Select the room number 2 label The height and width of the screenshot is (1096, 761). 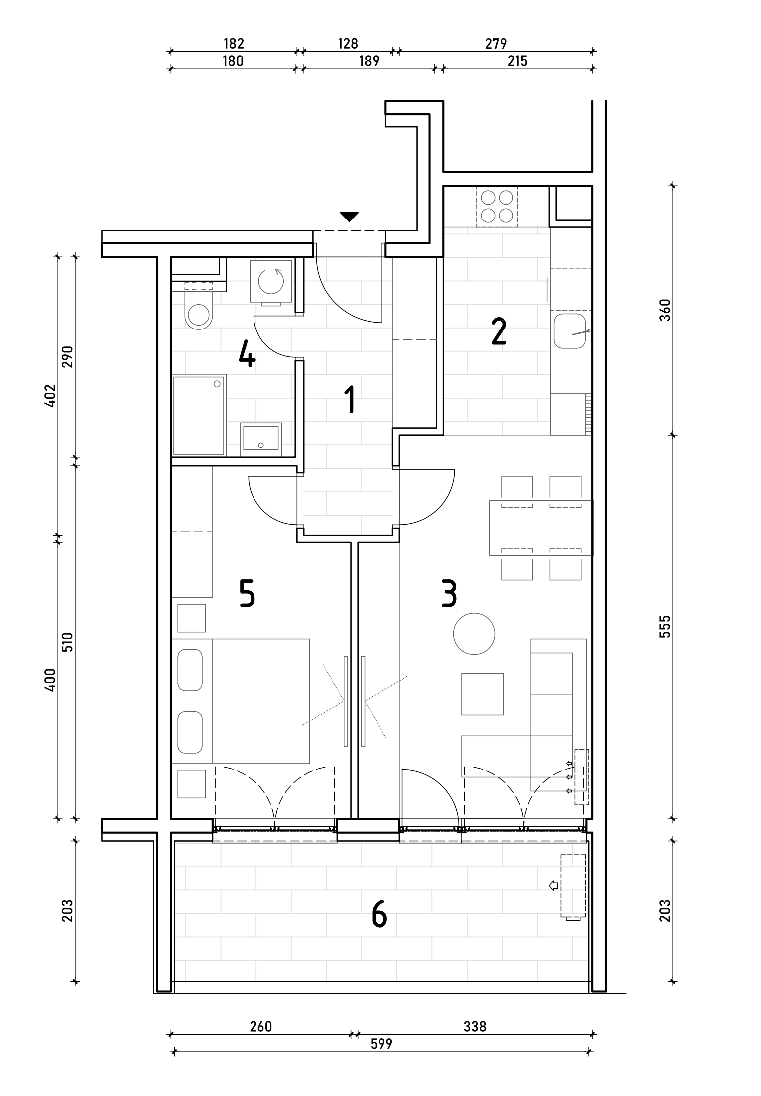(499, 332)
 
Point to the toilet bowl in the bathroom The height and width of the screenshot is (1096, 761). (198, 315)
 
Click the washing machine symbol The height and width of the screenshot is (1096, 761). (271, 281)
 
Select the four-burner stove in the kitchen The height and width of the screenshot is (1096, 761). (497, 207)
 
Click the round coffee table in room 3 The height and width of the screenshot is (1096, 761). (474, 634)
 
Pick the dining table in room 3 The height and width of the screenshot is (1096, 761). (541, 528)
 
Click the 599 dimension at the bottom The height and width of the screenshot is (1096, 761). (381, 1043)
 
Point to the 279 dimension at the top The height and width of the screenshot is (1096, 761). (496, 44)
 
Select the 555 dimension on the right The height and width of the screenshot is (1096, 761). (665, 627)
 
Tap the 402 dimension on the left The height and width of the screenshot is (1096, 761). (50, 396)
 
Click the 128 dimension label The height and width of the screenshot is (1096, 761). (348, 44)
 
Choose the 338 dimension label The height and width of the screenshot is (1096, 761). (475, 1026)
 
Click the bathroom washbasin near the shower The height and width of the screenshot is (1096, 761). (260, 438)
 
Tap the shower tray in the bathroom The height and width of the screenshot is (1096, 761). (198, 416)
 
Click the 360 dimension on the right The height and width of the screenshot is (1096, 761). (665, 310)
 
